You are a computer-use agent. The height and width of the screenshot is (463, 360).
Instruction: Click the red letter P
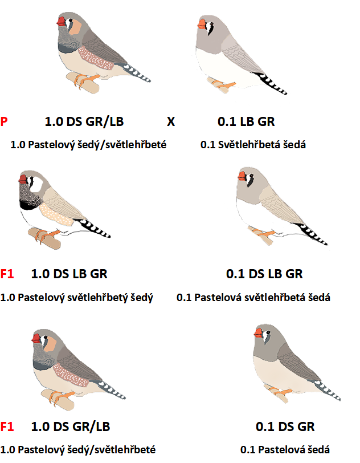click(x=4, y=121)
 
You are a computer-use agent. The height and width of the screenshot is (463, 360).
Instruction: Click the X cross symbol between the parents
click(x=171, y=121)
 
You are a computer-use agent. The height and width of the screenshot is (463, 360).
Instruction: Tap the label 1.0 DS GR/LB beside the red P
click(x=84, y=121)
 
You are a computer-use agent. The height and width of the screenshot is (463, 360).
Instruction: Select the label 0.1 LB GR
click(x=246, y=121)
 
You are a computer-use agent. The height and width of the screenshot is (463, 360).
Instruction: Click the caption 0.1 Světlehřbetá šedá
click(x=253, y=145)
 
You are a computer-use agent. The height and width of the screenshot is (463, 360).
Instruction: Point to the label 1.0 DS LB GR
click(x=69, y=274)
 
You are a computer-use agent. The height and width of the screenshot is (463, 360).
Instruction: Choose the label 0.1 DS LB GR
click(x=264, y=274)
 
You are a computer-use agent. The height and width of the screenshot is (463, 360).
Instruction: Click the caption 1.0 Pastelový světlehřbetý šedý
click(x=77, y=297)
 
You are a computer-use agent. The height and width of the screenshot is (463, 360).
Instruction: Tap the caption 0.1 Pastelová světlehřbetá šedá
click(x=253, y=297)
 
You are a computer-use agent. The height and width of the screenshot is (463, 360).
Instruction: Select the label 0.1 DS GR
click(x=285, y=427)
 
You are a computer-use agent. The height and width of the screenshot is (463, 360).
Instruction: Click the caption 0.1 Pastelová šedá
click(x=285, y=450)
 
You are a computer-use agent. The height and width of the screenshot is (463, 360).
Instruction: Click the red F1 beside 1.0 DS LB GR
click(x=7, y=274)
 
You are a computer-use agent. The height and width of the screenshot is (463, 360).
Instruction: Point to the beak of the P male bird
click(x=61, y=22)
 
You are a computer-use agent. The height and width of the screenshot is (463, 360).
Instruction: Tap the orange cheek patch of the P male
click(x=75, y=27)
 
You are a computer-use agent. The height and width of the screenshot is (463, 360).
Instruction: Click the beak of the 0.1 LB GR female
click(x=202, y=24)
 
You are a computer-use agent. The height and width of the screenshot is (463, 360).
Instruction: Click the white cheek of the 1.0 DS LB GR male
click(x=36, y=185)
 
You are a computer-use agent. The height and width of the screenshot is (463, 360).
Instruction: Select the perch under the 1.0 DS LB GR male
click(x=44, y=238)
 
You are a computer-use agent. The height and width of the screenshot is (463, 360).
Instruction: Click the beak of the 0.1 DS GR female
click(x=259, y=333)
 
